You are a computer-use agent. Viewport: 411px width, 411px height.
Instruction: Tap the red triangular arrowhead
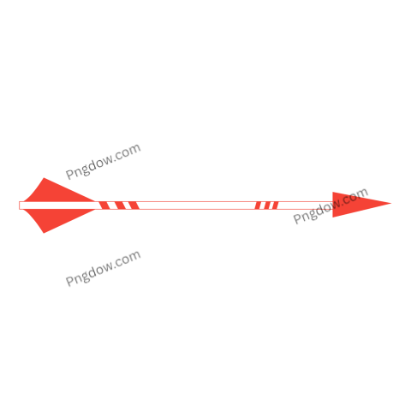354,204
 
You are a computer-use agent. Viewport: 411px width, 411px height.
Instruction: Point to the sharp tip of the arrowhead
391,204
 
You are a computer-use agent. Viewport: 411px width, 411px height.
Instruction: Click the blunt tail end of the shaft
20,205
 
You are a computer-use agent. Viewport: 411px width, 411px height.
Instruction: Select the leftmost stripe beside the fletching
104,205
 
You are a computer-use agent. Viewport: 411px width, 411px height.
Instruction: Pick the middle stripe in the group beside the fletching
119,205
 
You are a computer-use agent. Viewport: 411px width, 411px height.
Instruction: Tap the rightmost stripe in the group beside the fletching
134,205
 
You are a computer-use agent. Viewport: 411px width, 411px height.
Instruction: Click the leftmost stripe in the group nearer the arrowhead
258,205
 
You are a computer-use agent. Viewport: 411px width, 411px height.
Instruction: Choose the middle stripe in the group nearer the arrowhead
266,205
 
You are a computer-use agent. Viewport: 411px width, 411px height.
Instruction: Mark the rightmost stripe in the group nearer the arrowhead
275,205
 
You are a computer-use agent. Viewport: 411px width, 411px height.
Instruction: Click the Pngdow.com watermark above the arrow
103,162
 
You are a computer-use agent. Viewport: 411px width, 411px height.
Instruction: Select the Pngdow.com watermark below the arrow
103,268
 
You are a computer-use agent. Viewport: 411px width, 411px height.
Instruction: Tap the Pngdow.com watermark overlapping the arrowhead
331,205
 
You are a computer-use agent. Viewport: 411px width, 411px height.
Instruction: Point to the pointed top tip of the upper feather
44,178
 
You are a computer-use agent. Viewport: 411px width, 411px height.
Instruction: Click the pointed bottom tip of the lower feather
44,233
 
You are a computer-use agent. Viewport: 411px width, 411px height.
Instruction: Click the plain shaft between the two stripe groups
197,205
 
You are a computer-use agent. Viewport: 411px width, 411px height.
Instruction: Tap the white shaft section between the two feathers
58,205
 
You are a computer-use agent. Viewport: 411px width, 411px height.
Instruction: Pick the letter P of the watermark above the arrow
69,174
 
